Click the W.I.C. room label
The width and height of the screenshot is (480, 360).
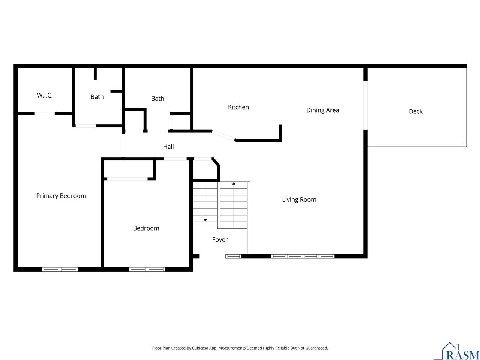click(45, 95)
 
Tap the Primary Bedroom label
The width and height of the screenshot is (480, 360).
click(61, 196)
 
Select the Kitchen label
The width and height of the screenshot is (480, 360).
click(238, 107)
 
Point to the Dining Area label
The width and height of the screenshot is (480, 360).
click(322, 110)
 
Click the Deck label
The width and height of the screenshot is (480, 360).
click(415, 111)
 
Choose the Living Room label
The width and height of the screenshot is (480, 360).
click(299, 199)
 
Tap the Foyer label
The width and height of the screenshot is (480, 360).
click(220, 240)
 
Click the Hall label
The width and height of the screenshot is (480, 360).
click(168, 147)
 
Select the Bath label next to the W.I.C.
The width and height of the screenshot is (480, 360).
click(97, 97)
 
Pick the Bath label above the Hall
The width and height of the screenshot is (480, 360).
click(157, 98)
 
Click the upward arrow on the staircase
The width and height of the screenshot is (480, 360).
click(234, 184)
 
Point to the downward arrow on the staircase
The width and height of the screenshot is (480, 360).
click(205, 220)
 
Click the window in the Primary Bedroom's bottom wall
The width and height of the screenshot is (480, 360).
click(60, 269)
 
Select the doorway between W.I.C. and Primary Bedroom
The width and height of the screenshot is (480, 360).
click(45, 113)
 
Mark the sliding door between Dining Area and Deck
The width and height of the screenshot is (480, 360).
click(366, 105)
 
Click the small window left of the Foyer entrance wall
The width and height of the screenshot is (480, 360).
click(233, 256)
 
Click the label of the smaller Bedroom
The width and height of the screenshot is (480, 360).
click(146, 228)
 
